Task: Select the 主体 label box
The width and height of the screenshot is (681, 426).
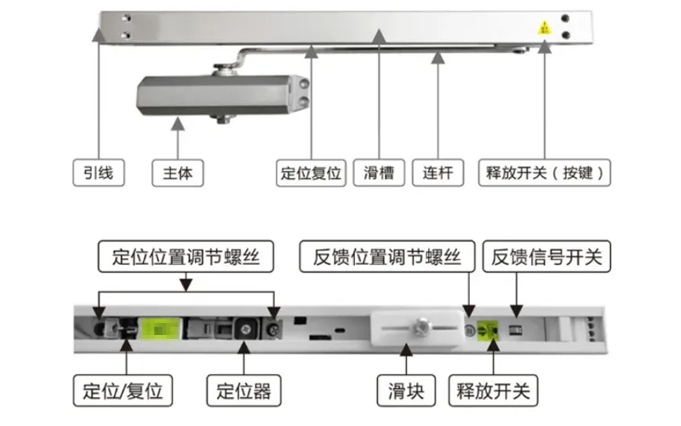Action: point(178,173)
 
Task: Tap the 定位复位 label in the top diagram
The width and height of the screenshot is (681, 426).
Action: point(311,173)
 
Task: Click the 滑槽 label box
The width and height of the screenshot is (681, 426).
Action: point(379,173)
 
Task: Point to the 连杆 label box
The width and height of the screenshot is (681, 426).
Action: point(438,173)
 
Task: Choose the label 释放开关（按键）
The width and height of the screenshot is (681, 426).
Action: point(545,173)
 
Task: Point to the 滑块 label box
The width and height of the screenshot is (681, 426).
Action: point(406,391)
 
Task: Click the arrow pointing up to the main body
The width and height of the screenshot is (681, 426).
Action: point(178,128)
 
